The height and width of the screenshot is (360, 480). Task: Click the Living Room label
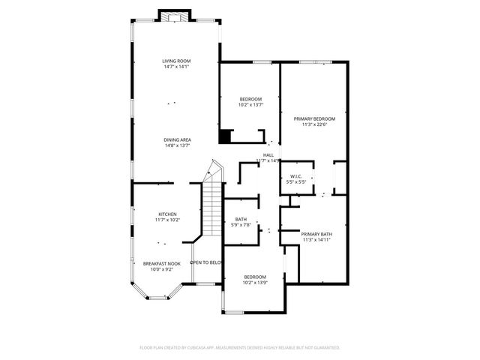coord(177,61)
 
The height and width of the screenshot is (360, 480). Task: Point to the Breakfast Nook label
coord(162,263)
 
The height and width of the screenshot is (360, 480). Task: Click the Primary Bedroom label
coord(314,118)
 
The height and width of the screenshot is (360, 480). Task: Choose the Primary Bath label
coord(316,234)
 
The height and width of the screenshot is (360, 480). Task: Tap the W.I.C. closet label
coord(295,176)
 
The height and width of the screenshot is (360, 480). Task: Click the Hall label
coord(268,154)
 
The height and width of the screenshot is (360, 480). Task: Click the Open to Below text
coord(206,262)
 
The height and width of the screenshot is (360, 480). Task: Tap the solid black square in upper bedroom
coord(224,136)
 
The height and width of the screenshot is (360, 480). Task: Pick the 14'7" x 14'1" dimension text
coord(177,67)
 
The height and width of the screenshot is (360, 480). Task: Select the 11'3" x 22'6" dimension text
coord(314,124)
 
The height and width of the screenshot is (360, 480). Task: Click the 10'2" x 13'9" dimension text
coord(255,283)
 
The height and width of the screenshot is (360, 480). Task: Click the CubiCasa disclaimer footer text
coord(240,348)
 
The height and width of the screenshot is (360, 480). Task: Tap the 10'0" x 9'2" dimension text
coord(162,269)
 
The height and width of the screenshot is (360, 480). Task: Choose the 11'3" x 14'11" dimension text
coord(316,240)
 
